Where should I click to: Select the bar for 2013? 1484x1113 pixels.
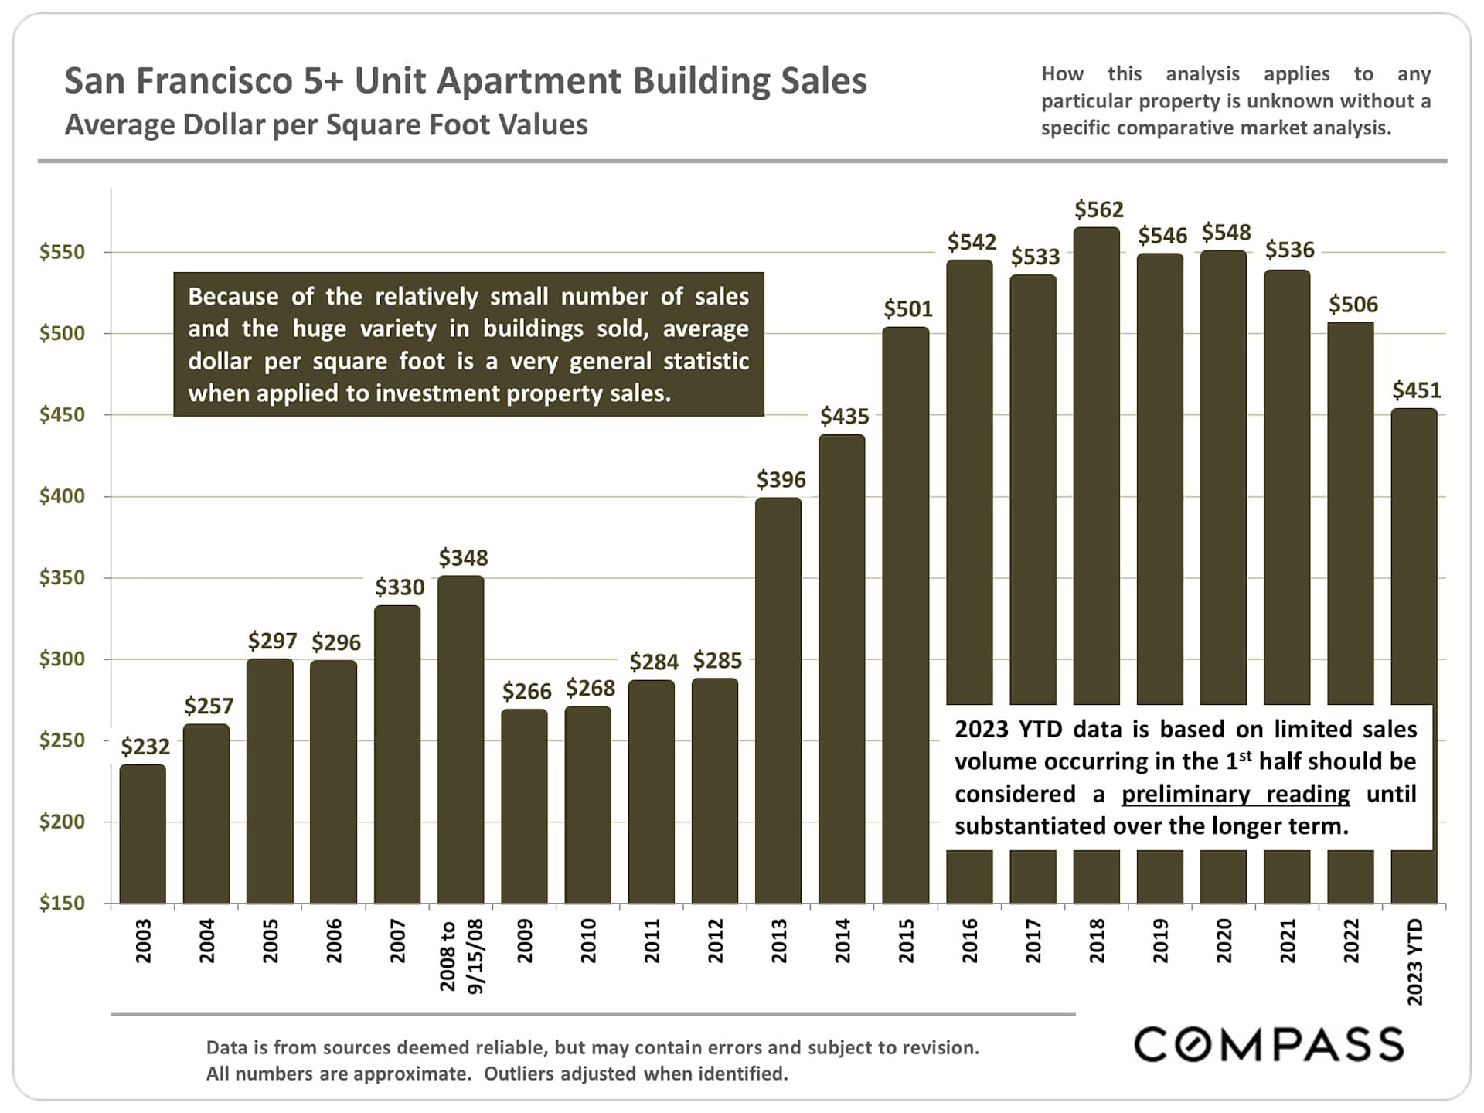(x=778, y=699)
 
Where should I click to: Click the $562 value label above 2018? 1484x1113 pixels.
(x=1098, y=209)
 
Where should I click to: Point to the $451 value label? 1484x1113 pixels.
(x=1416, y=390)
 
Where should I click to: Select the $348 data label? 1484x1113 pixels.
(x=463, y=558)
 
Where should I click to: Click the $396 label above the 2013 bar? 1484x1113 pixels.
(x=781, y=480)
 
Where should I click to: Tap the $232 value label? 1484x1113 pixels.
(x=145, y=747)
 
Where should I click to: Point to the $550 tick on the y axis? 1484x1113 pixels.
(x=62, y=252)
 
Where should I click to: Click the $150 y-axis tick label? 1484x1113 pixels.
(x=62, y=903)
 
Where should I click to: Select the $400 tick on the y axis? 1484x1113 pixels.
(x=62, y=496)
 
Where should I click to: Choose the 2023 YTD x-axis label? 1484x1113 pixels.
(x=1414, y=962)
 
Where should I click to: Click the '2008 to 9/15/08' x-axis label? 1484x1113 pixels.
(x=461, y=955)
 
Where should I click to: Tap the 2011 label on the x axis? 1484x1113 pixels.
(x=652, y=941)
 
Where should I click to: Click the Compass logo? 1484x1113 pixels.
(x=1268, y=1044)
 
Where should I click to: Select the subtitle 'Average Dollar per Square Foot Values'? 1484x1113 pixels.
(x=325, y=125)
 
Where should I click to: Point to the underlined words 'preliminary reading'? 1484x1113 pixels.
(x=1235, y=794)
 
